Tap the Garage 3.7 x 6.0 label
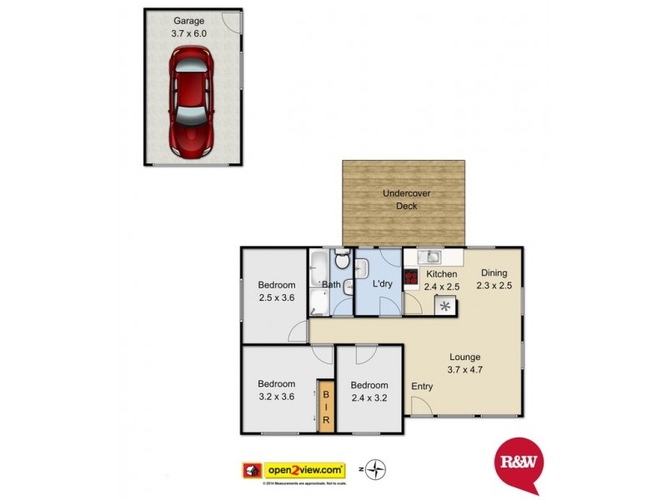[x=189, y=27]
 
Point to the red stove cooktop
[x=411, y=278]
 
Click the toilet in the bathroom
[x=342, y=261]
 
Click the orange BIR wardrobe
[x=326, y=406]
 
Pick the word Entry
[x=423, y=386]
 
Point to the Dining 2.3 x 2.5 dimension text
[x=494, y=286]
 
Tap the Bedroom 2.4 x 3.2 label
[x=369, y=391]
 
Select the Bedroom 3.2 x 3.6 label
[x=276, y=390]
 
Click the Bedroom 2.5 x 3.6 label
[x=276, y=292]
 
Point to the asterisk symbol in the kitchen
[x=445, y=307]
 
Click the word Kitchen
[x=441, y=274]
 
